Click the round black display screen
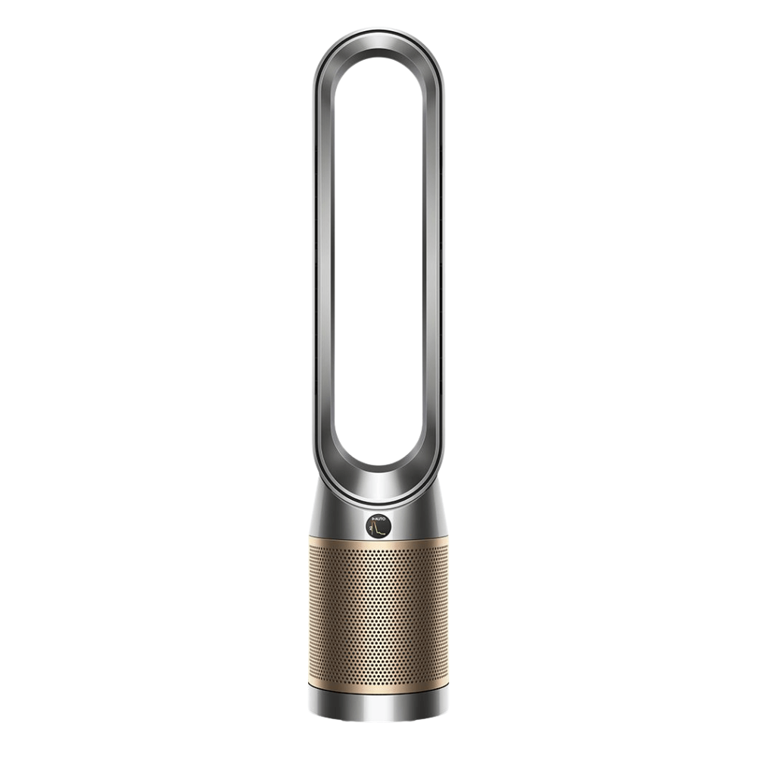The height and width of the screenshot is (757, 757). [378, 525]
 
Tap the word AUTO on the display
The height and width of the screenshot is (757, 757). [380, 518]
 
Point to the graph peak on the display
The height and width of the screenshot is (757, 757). [376, 525]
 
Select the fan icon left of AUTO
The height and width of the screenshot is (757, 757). [373, 518]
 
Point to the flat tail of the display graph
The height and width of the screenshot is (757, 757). [385, 533]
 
